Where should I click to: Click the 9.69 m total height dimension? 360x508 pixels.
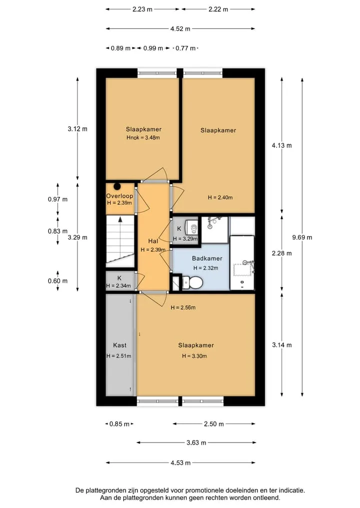coord(302,237)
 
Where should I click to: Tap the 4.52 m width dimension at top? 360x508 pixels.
coord(180,29)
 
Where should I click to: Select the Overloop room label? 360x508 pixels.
coord(119,196)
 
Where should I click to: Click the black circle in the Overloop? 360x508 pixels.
coord(117,187)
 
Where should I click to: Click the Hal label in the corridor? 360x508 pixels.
coord(153,241)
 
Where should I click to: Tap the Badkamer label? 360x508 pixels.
coord(207,258)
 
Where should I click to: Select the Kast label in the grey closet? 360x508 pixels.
coord(119,345)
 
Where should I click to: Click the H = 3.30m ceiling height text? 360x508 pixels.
coord(194,356)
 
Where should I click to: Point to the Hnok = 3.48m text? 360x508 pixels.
coord(143,137)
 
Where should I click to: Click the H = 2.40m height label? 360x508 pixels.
coord(220,197)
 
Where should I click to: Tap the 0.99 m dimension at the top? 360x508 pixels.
coord(153,48)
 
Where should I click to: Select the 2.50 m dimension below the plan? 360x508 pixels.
coord(213,424)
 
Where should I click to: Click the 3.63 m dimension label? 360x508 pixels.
coord(196,443)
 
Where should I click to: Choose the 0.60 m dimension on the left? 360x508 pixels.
coord(57,281)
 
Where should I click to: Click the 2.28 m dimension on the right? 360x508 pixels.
coord(281,253)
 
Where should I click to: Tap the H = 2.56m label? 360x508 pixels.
coord(183,308)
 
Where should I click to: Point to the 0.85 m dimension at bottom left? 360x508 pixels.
coord(119,424)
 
